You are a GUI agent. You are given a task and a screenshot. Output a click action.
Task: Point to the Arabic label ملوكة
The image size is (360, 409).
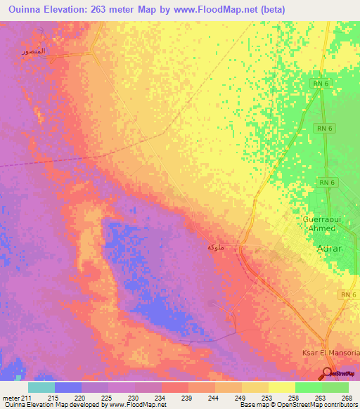click(216, 247)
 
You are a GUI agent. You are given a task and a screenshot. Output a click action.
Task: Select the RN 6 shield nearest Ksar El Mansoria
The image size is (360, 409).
click(347, 294)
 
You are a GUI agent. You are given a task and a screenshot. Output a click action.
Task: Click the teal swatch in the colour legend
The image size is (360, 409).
click(41, 387)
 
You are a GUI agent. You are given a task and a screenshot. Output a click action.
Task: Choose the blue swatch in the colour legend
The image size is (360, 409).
click(68, 387)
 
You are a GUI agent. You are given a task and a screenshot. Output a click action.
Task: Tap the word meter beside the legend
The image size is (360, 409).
click(9, 397)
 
